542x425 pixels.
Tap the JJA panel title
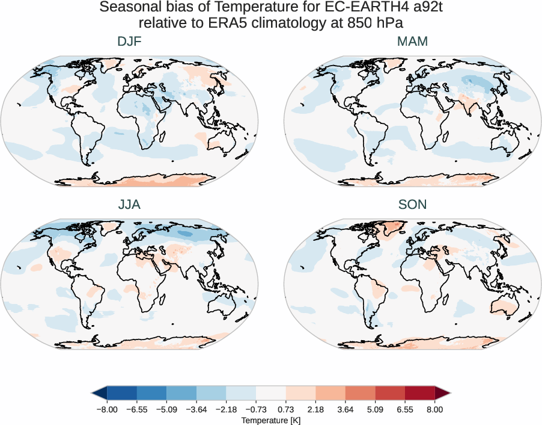(129, 205)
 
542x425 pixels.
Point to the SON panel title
(412, 205)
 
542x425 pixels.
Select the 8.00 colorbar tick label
(435, 409)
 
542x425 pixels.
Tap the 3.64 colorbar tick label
(346, 409)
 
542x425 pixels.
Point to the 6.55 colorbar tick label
(405, 409)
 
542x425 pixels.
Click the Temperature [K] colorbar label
(270, 420)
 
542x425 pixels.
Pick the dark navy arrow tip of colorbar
(99, 394)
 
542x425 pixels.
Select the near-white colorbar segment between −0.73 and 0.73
(270, 394)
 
